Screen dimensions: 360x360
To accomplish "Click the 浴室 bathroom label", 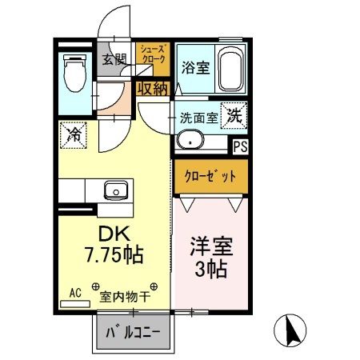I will [194, 67].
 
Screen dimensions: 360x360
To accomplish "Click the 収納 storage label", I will [151, 89].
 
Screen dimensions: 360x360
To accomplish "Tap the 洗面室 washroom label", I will [199, 116].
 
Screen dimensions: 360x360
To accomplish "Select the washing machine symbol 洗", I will [234, 114].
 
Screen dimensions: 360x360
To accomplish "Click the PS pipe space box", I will [239, 146].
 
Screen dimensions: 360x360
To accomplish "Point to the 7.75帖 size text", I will [114, 256].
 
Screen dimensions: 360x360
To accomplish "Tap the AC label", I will [76, 292].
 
